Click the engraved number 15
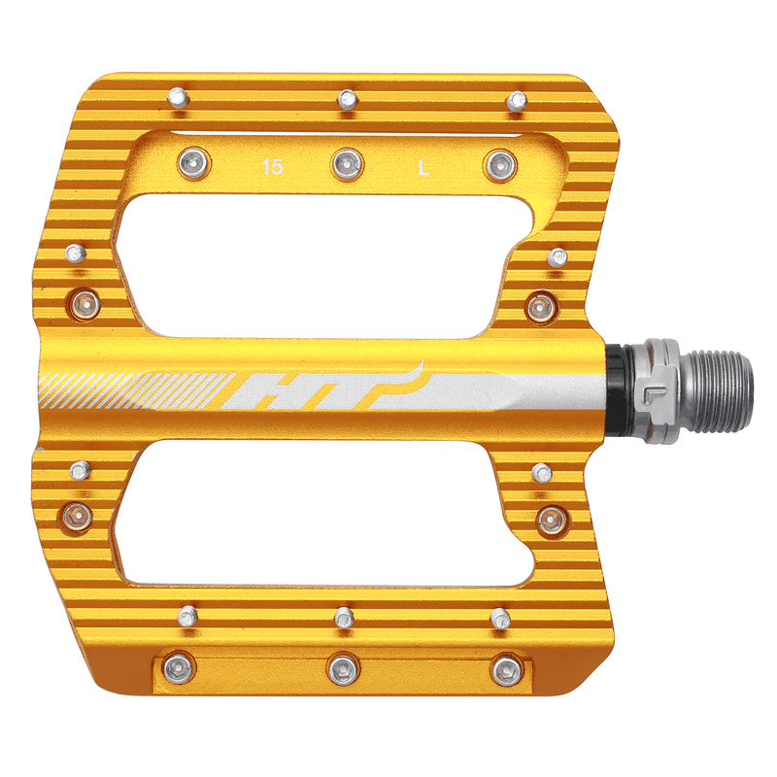coord(273,168)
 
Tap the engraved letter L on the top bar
coord(423,168)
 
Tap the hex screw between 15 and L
coord(346,164)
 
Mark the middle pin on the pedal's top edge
coord(346,98)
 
